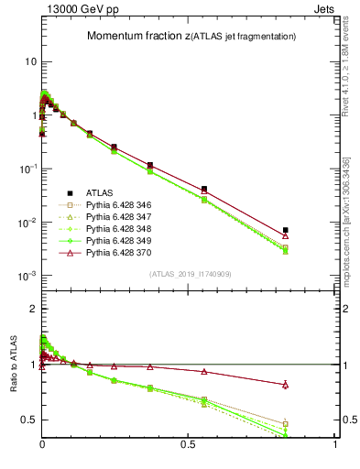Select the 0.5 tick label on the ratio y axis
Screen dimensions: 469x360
[28, 420]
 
